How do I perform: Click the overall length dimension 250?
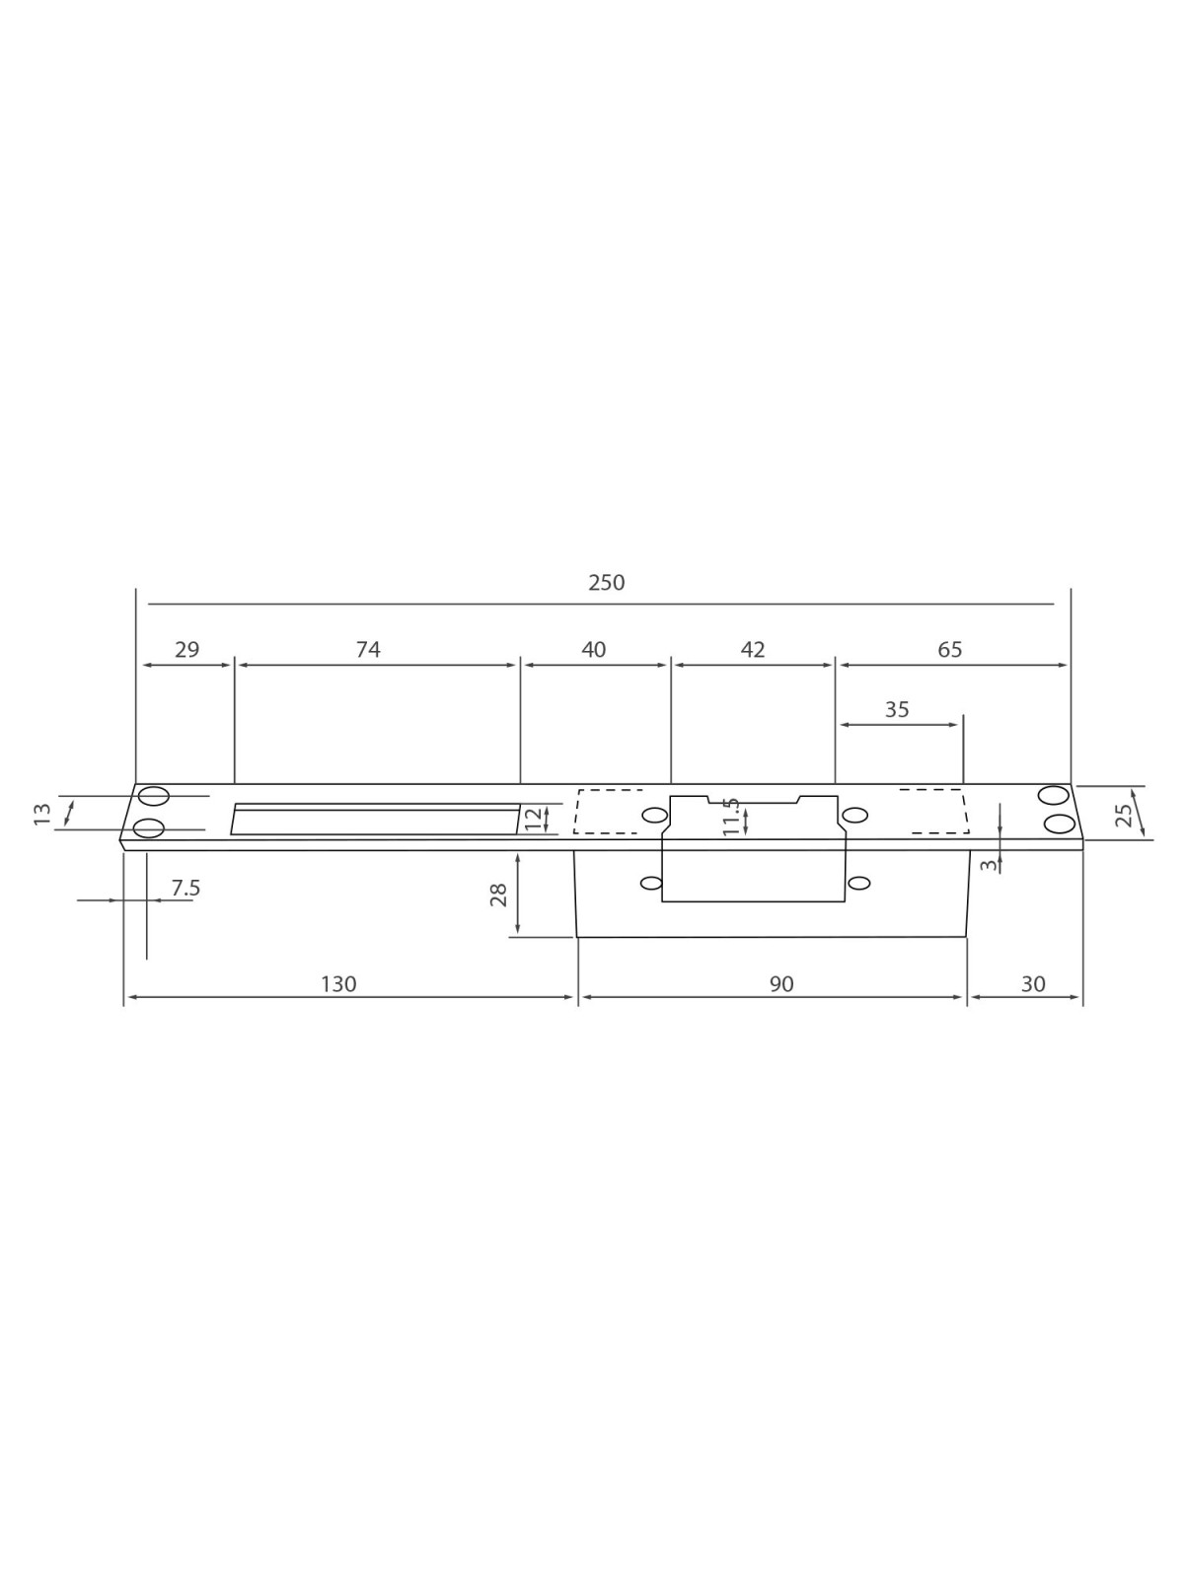[606, 582]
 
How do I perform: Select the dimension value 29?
[186, 649]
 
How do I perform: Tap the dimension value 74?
[368, 649]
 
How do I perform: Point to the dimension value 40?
[594, 649]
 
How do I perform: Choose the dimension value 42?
[753, 649]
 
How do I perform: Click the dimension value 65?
[949, 649]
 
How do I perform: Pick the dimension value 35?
[897, 709]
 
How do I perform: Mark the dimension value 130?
[337, 983]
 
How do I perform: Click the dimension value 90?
[781, 983]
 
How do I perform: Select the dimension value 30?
[1033, 983]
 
